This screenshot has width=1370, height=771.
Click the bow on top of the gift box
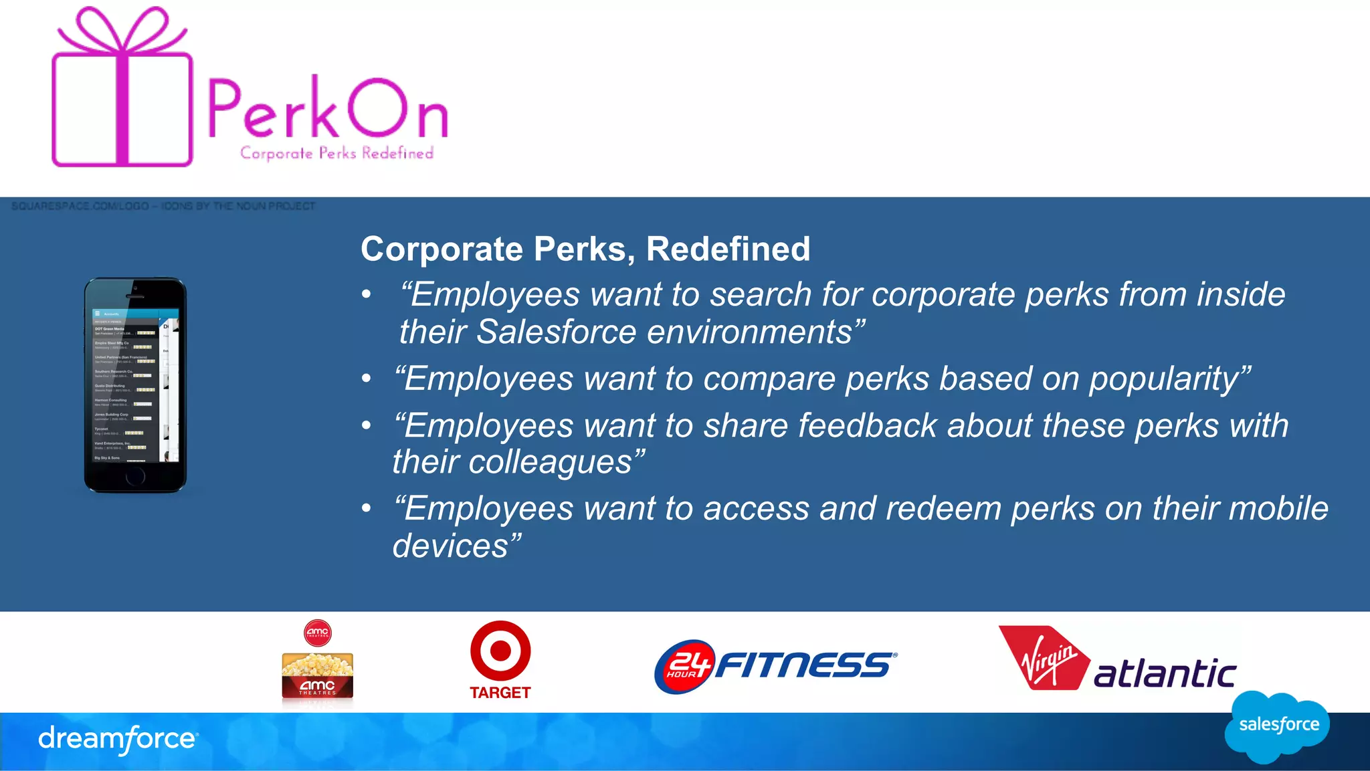tap(122, 30)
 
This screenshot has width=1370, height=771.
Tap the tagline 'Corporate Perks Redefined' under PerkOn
tap(336, 153)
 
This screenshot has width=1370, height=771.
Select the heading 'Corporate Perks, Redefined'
tap(585, 249)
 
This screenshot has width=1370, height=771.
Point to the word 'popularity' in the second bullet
tap(1163, 378)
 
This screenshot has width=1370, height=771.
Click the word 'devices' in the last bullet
tap(451, 546)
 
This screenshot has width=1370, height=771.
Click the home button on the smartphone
tap(135, 476)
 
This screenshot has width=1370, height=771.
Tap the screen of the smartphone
tap(135, 384)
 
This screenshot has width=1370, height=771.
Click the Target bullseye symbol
tap(500, 651)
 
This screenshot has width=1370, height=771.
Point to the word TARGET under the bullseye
tap(500, 693)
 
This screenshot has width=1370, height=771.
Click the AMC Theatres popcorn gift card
tap(317, 676)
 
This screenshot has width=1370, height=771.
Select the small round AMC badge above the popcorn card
tap(317, 632)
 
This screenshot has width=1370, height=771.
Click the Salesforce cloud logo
tap(1278, 726)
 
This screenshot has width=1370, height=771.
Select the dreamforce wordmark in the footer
tap(118, 739)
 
